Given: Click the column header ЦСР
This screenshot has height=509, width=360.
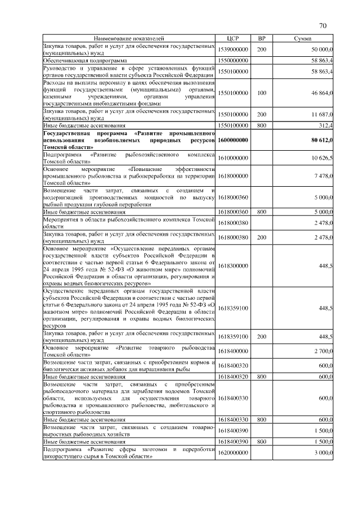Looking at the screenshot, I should pos(233,38).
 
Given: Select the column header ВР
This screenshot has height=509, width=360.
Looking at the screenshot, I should pos(261,38).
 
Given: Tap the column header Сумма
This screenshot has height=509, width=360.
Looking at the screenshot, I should pos(303,38).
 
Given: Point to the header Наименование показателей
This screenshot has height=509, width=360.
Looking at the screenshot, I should pos(129,38).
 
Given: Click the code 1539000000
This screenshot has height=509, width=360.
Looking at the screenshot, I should pos(233,49).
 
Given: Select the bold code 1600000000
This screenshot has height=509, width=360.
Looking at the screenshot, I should pos(233,139).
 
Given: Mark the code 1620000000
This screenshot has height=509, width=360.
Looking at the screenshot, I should pos(233,453).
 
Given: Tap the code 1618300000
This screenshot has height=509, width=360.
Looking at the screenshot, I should pos(233,265).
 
